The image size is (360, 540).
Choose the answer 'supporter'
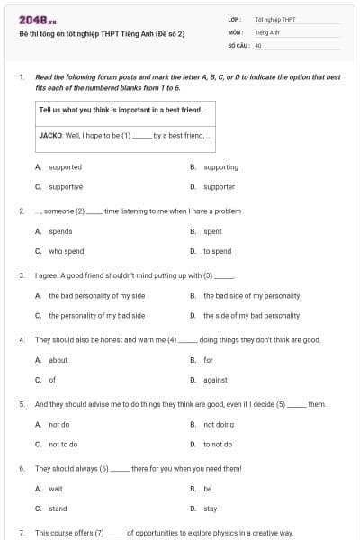tap(219, 187)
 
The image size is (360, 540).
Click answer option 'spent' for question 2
tap(212, 231)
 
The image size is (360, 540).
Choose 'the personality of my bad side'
tap(96, 316)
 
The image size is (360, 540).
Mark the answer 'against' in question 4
tap(215, 380)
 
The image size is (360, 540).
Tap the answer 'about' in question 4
tap(58, 360)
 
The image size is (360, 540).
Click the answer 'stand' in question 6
tap(57, 508)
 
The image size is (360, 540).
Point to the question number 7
tap(21, 533)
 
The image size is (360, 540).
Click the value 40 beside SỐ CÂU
tap(258, 44)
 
